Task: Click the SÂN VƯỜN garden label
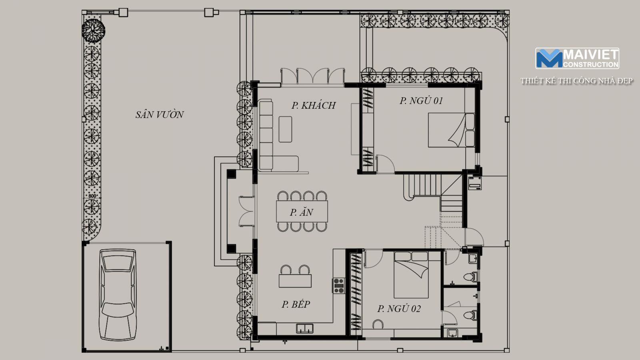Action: click(160, 114)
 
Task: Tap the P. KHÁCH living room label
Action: click(314, 105)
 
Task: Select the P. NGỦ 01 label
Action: click(421, 100)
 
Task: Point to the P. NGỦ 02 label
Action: click(399, 308)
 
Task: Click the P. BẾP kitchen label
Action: click(296, 304)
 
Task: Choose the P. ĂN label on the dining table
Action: click(302, 212)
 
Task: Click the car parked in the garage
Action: click(118, 295)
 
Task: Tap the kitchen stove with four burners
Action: click(338, 286)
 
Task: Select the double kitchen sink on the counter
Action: click(304, 328)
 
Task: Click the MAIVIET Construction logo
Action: click(577, 58)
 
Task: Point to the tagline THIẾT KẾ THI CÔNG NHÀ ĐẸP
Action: click(576, 81)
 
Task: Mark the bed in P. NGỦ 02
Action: click(411, 275)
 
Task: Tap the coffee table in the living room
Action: click(286, 129)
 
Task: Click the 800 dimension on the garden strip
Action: click(92, 196)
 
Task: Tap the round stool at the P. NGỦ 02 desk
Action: click(378, 324)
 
